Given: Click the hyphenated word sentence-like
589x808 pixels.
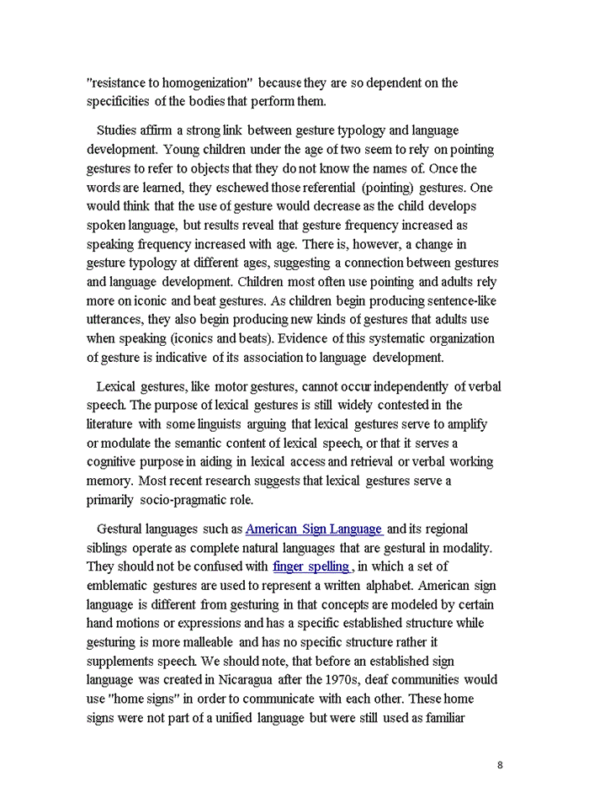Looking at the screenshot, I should pos(455,301).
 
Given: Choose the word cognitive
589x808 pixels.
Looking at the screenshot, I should pos(115,462).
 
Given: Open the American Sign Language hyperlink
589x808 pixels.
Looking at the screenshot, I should pos(314,529).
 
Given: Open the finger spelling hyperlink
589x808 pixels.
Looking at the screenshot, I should pos(311,566).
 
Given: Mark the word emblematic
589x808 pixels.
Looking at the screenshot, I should pos(118,585).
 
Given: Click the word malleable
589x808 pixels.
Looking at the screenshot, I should pos(172,642).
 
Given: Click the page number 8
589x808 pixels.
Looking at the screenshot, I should pos(500,765).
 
